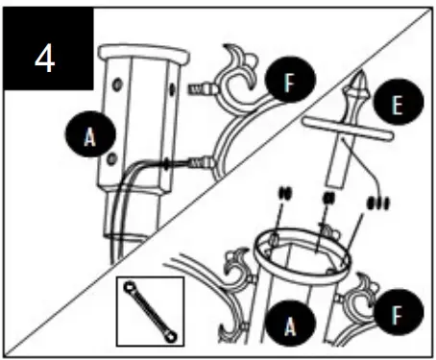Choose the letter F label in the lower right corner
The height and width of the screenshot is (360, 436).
click(x=395, y=313)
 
